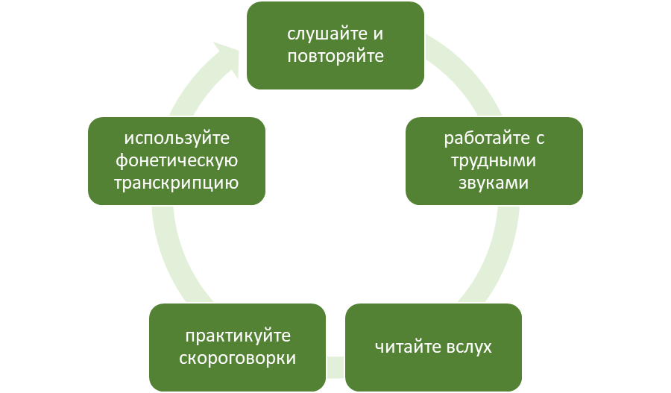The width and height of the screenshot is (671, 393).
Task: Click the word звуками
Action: tap(494, 182)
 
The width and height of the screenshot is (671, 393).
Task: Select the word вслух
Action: tap(467, 348)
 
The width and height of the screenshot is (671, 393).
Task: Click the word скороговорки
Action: tap(238, 358)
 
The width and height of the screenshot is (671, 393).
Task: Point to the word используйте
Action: tap(176, 139)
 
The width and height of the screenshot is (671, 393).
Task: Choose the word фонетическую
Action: tap(176, 160)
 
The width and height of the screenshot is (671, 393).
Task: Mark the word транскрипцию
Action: tap(176, 183)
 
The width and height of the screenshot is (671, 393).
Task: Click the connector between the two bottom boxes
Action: tap(335, 365)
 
